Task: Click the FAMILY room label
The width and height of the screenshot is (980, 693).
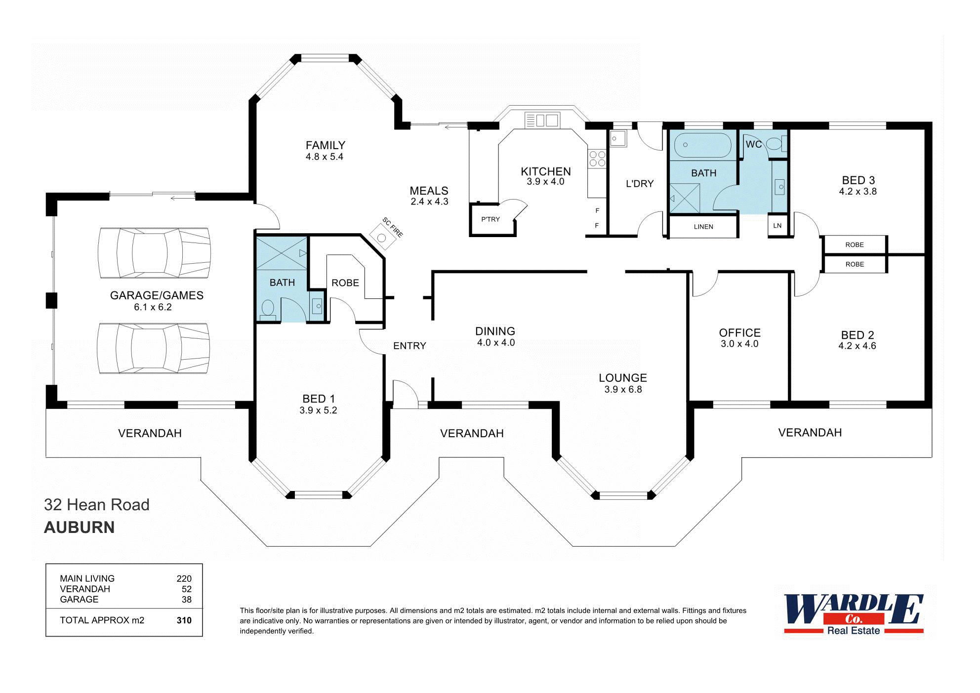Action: coord(325,145)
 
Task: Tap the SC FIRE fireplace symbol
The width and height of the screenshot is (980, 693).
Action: coord(382,238)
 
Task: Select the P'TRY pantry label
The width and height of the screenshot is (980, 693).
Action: coord(490,219)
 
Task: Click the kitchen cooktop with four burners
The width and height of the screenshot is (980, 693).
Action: coord(597,159)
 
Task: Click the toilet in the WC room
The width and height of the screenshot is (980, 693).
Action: coord(775,144)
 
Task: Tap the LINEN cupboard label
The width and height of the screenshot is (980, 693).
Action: coord(703,227)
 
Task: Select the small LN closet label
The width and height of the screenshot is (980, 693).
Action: coord(777,226)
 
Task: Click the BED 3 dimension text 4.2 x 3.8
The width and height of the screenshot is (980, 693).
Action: coord(857,192)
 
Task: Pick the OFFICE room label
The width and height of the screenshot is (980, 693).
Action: coord(739,332)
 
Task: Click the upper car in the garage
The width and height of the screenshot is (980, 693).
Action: coord(155,252)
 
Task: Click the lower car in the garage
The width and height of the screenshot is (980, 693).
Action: coord(154,348)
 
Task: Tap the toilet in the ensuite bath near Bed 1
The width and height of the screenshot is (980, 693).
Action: coord(268,308)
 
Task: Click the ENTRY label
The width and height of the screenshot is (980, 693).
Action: coord(409,346)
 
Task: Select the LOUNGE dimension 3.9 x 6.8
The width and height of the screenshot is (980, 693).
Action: coord(623,390)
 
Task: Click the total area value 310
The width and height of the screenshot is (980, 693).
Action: coord(184,620)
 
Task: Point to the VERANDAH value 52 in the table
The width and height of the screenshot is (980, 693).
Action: coord(186,589)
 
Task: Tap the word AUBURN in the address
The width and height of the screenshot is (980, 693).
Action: coord(80,528)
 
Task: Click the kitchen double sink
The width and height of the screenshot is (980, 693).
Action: coord(542,120)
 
